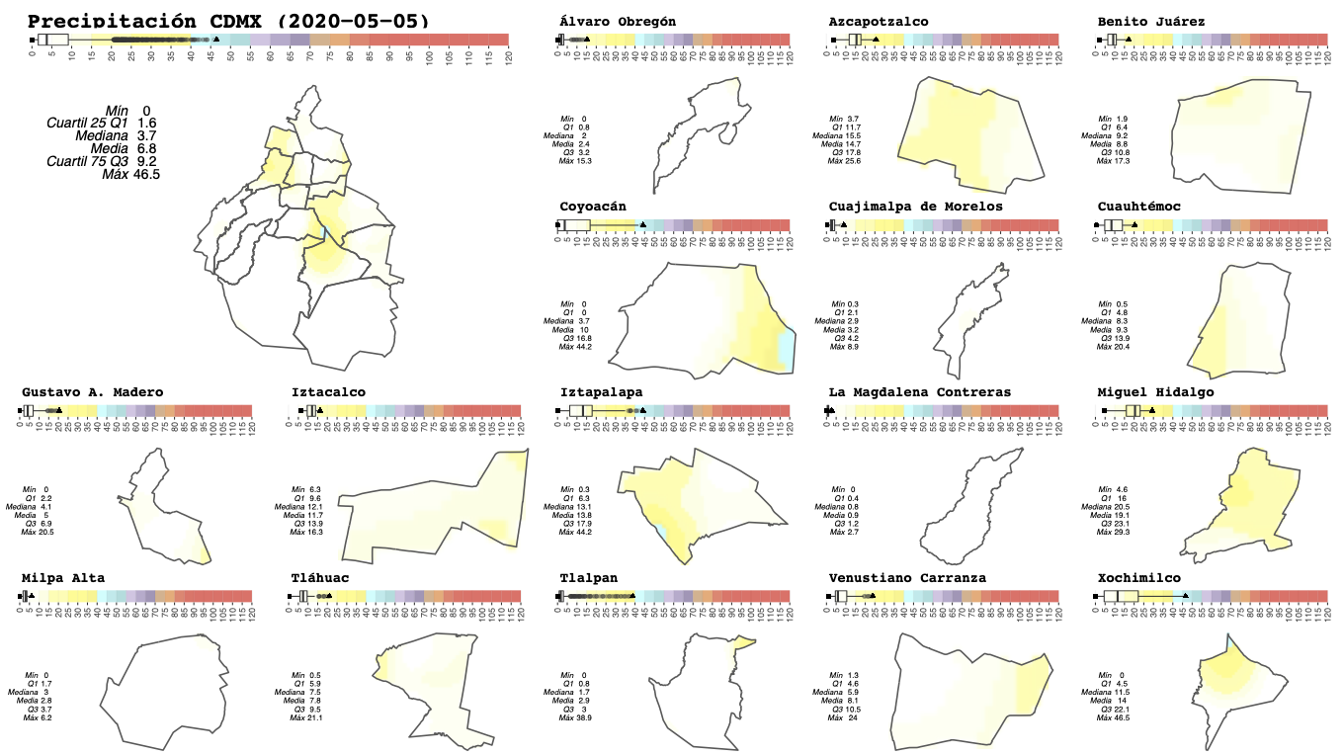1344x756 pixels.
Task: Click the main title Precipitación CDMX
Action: (x=228, y=21)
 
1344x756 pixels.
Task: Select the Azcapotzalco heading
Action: (x=879, y=22)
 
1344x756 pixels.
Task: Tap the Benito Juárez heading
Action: (x=1150, y=22)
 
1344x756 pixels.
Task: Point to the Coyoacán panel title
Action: (x=593, y=207)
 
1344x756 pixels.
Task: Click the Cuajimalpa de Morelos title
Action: (x=915, y=207)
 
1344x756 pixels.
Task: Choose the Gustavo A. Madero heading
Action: (x=93, y=392)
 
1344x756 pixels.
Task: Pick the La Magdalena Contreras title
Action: (x=919, y=392)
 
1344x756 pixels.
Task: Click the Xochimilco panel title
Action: (x=1138, y=578)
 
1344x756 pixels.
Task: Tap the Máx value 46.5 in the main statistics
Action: (x=146, y=174)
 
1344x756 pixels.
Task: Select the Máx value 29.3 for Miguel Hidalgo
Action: (x=1123, y=533)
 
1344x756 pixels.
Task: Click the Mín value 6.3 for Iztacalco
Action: (x=315, y=489)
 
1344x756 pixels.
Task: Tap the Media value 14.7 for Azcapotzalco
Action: (x=853, y=144)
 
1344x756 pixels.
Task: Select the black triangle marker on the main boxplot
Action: (x=216, y=40)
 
